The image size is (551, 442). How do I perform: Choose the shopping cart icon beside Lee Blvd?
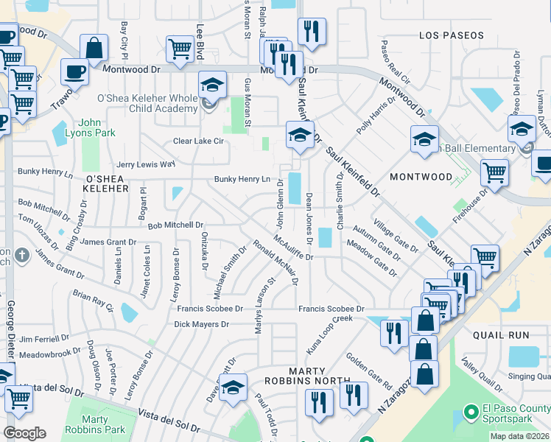click(180, 49)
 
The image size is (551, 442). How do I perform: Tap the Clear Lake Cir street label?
click(197, 141)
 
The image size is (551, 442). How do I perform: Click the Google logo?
click(24, 433)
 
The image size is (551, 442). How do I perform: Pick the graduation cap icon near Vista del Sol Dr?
click(234, 387)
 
